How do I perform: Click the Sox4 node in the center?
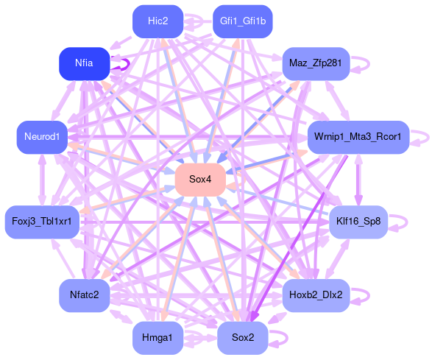click(200, 180)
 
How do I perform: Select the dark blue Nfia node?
click(85, 63)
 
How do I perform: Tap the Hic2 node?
click(158, 21)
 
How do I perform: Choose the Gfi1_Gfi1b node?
click(243, 21)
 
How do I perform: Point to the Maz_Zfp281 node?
click(316, 63)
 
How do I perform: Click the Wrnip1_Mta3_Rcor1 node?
click(358, 137)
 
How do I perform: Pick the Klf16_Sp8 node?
click(358, 222)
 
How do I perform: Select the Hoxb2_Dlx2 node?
click(316, 295)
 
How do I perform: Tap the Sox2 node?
click(243, 338)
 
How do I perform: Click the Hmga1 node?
click(158, 338)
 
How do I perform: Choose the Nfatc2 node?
click(85, 295)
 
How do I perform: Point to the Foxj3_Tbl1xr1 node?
click(42, 222)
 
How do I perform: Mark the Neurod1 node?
click(42, 137)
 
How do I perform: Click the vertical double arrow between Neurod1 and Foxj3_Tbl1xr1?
click(42, 180)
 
